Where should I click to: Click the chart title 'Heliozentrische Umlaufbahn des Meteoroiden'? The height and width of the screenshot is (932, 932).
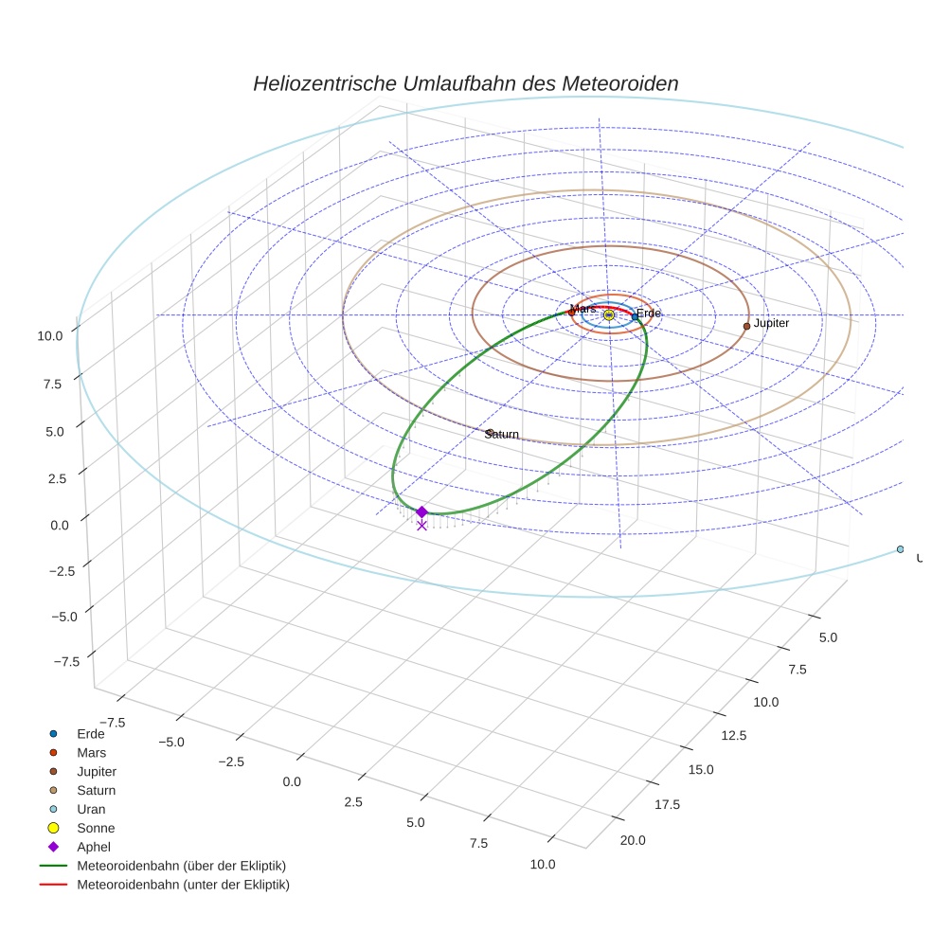(465, 83)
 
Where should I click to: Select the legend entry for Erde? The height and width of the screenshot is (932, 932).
(91, 733)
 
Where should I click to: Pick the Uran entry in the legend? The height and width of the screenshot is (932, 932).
(91, 809)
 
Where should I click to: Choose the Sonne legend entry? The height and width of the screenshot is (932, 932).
(96, 828)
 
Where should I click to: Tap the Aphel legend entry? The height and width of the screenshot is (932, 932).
(93, 847)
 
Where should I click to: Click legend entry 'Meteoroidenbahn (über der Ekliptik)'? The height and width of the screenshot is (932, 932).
(181, 866)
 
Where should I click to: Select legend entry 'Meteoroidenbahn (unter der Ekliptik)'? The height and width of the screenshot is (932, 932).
(183, 885)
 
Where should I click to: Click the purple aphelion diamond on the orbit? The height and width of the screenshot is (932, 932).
(421, 511)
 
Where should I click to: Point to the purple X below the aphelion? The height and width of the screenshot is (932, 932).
(421, 525)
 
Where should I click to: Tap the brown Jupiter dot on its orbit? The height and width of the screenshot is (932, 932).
(746, 326)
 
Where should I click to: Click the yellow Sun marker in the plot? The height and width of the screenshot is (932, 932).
(609, 314)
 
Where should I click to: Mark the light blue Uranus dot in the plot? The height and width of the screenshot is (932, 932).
(900, 549)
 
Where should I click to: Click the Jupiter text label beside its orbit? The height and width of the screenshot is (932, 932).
(771, 324)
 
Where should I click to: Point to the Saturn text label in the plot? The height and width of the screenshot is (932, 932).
(502, 434)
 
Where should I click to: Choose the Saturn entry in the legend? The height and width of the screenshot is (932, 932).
(96, 790)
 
